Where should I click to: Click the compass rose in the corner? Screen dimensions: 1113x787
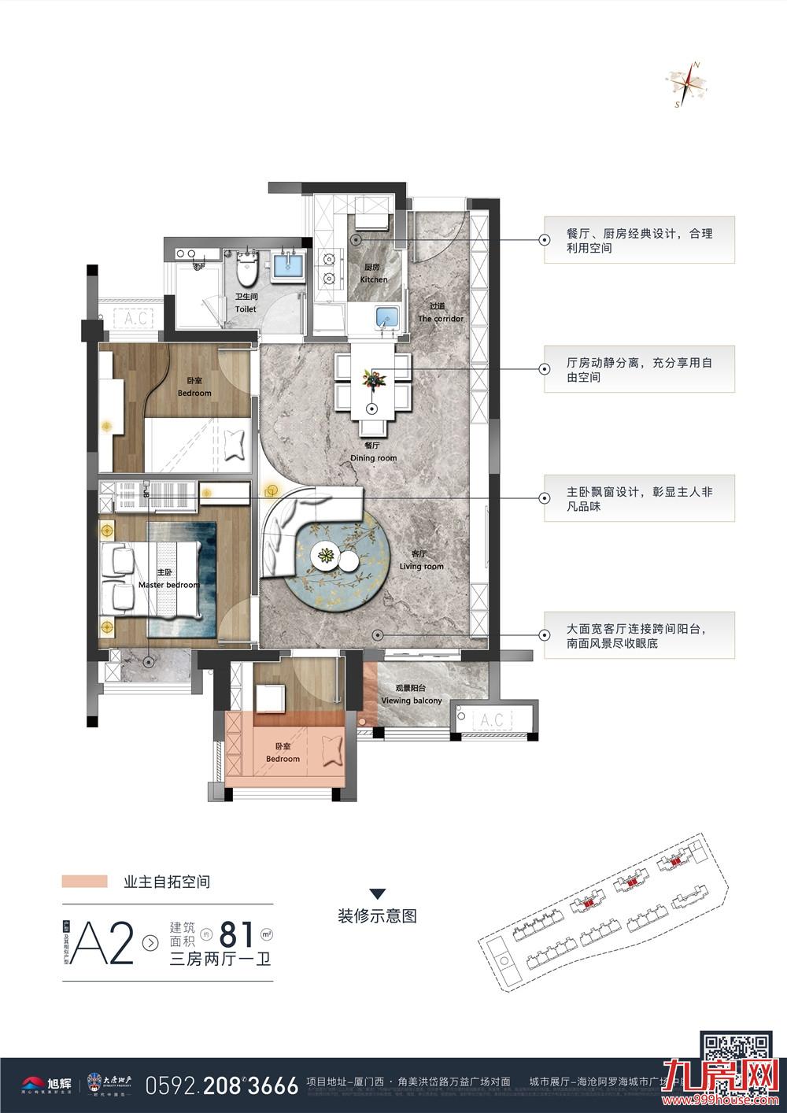click(685, 83)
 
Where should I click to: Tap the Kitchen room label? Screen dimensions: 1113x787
click(374, 274)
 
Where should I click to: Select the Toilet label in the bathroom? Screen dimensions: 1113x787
click(246, 304)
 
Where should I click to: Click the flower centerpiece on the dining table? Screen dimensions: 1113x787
click(373, 379)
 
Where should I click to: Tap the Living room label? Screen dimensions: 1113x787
click(422, 560)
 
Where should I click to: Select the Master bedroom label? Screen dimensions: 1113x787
click(168, 579)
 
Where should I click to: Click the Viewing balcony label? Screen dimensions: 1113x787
click(411, 695)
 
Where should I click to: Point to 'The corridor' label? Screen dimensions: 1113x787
click(441, 313)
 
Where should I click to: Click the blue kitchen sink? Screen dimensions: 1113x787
click(386, 319)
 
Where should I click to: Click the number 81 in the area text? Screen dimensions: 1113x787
click(237, 934)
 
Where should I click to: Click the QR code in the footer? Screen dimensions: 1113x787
click(735, 1056)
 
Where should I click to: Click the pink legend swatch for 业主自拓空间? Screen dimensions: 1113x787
click(84, 882)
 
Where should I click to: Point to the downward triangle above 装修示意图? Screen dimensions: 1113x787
click(377, 893)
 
